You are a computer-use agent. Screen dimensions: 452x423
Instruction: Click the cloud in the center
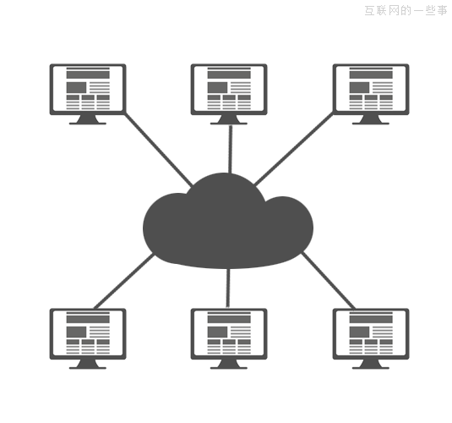(228, 221)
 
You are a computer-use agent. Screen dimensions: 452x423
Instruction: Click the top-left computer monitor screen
(88, 89)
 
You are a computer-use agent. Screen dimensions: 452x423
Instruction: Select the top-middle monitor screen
(229, 89)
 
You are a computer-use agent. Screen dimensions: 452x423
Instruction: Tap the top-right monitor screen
(371, 89)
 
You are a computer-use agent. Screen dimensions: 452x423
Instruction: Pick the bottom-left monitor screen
(88, 334)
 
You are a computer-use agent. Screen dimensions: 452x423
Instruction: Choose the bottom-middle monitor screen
(229, 334)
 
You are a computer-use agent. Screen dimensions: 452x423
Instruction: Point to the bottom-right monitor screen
(371, 334)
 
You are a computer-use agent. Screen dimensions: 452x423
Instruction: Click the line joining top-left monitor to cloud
(158, 150)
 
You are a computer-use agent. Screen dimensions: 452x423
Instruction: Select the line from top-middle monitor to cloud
(231, 149)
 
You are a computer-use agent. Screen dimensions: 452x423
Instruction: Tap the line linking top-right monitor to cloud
(293, 149)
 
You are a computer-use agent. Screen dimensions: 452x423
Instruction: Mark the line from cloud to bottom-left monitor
(124, 281)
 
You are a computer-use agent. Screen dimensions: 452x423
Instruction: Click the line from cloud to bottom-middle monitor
(228, 288)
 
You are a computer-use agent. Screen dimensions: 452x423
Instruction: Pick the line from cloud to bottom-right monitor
(329, 281)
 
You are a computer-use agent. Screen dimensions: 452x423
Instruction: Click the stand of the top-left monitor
(88, 120)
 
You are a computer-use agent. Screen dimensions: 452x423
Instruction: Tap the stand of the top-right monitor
(371, 120)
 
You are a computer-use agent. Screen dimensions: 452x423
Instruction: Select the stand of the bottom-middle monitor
(229, 365)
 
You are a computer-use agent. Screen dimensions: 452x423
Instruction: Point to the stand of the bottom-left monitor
(88, 365)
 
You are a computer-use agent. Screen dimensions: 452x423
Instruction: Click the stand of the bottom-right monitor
(371, 365)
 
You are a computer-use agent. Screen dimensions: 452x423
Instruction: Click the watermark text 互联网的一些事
(406, 11)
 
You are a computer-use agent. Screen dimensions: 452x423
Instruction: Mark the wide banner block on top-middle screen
(229, 74)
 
